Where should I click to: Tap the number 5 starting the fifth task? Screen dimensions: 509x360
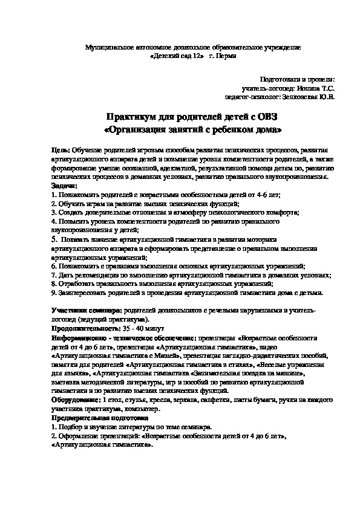click(x=54, y=238)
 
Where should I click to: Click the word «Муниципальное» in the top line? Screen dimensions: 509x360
click(x=113, y=47)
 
